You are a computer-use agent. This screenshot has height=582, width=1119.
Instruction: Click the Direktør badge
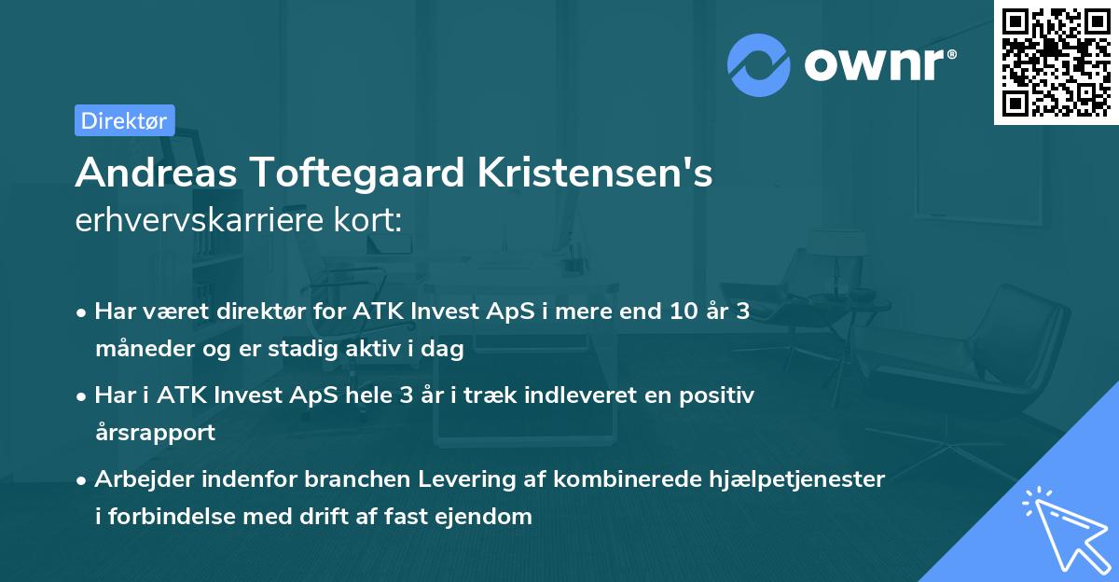pyautogui.click(x=124, y=120)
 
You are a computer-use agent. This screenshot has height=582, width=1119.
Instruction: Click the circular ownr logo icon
pyautogui.click(x=758, y=64)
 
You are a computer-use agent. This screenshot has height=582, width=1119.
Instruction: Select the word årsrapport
pyautogui.click(x=155, y=433)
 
